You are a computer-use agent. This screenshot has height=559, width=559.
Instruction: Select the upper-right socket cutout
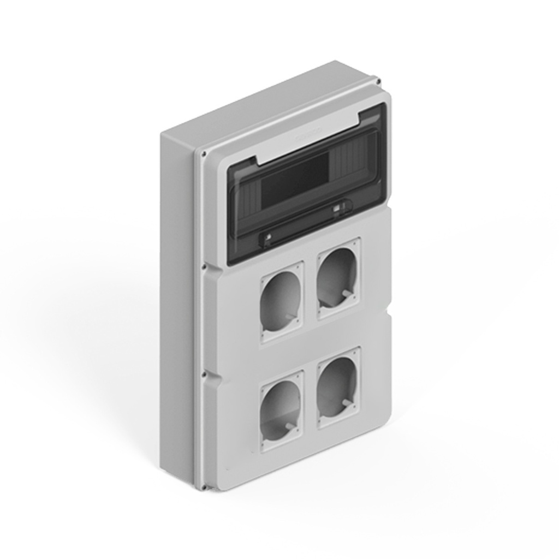coord(338,278)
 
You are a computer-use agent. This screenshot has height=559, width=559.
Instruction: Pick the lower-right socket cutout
coord(338,386)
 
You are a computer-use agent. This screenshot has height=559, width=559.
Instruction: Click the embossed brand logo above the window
coord(309,135)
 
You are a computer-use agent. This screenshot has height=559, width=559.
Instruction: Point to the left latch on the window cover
coord(267,237)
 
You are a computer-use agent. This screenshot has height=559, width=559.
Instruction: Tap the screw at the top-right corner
coord(379,82)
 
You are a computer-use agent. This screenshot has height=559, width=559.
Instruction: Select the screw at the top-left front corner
coord(204,154)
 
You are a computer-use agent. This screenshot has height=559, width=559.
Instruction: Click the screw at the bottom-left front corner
coord(203,487)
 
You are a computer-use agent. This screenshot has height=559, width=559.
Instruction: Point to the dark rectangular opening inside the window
coord(295,181)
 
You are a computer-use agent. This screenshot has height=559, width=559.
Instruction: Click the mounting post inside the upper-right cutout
coord(346,294)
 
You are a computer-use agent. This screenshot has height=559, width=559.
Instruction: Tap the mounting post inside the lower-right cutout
coord(346,403)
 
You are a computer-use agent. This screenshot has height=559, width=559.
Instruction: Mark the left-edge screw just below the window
coord(204,267)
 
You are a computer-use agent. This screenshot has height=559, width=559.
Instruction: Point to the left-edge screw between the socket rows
coord(204,375)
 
